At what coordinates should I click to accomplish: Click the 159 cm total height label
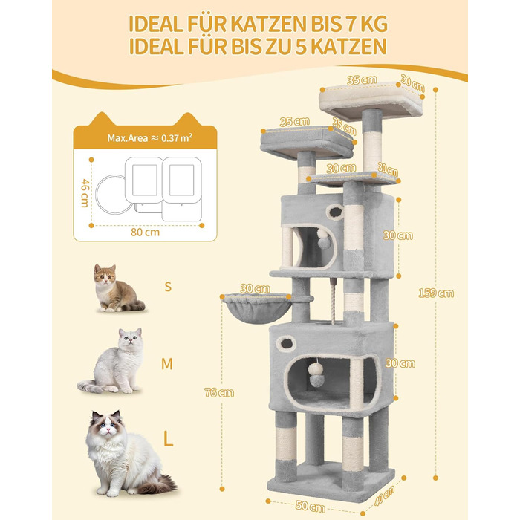[436, 293]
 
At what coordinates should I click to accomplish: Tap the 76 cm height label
[219, 393]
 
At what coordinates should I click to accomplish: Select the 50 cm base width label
[311, 507]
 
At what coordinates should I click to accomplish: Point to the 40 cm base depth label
[384, 495]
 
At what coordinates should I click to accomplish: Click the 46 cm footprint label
[85, 193]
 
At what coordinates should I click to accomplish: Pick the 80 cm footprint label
[145, 232]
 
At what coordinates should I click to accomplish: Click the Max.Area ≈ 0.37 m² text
[150, 138]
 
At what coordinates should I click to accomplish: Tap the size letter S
[168, 287]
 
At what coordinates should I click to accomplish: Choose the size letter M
[167, 364]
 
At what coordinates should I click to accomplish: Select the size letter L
[169, 440]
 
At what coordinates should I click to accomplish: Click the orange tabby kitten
[116, 288]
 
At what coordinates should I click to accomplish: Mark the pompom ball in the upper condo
[323, 239]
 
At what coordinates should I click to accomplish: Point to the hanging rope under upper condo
[333, 301]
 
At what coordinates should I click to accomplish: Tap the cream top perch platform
[371, 101]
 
